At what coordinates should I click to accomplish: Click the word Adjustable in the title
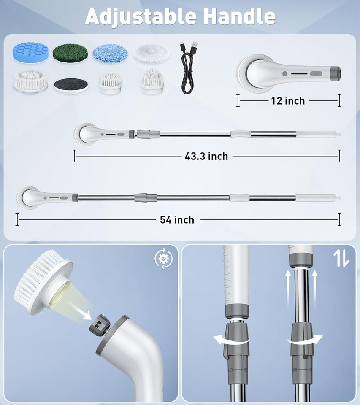click(x=141, y=17)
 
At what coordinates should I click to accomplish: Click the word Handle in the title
click(x=239, y=16)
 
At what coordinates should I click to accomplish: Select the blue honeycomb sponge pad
click(x=30, y=53)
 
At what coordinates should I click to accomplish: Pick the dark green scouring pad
click(x=70, y=53)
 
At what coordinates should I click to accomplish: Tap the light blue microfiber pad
click(x=110, y=53)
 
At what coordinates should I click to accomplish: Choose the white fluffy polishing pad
click(x=152, y=54)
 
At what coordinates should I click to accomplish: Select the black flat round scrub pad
click(x=71, y=86)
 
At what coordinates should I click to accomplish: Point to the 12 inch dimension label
click(x=288, y=101)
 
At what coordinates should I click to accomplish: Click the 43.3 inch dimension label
click(x=206, y=156)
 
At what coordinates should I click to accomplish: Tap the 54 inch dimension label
click(x=177, y=220)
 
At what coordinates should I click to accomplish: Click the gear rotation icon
click(x=163, y=259)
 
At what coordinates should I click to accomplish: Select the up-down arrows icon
click(x=341, y=259)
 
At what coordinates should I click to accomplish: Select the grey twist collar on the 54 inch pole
click(x=146, y=198)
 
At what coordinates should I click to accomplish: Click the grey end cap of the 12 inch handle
click(x=336, y=73)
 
